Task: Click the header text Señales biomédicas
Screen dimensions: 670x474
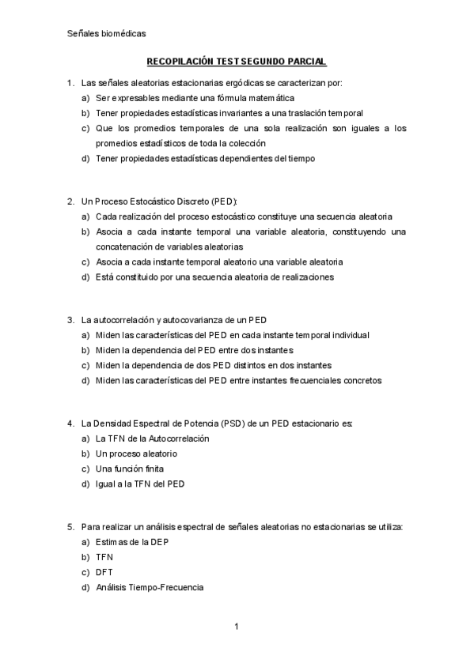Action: coord(103,33)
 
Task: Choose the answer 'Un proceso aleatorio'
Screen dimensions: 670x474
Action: coord(136,454)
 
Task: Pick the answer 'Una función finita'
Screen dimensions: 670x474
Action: coord(130,469)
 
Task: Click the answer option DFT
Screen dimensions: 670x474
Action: coord(105,572)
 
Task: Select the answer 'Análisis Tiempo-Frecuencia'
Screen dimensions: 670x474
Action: coord(150,587)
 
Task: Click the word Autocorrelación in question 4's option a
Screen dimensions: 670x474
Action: coord(176,439)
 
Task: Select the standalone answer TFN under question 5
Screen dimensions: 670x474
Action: coord(104,557)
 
